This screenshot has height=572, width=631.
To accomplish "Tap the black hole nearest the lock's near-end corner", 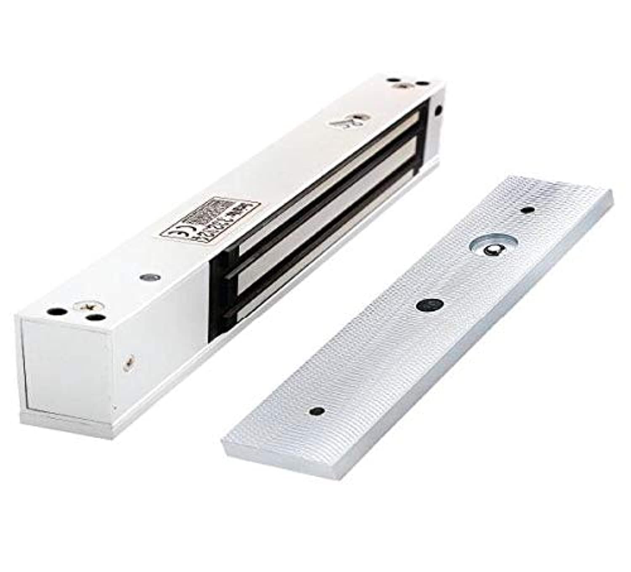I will coord(53,312).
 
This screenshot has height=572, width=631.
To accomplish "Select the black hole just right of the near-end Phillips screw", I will coord(96,318).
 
